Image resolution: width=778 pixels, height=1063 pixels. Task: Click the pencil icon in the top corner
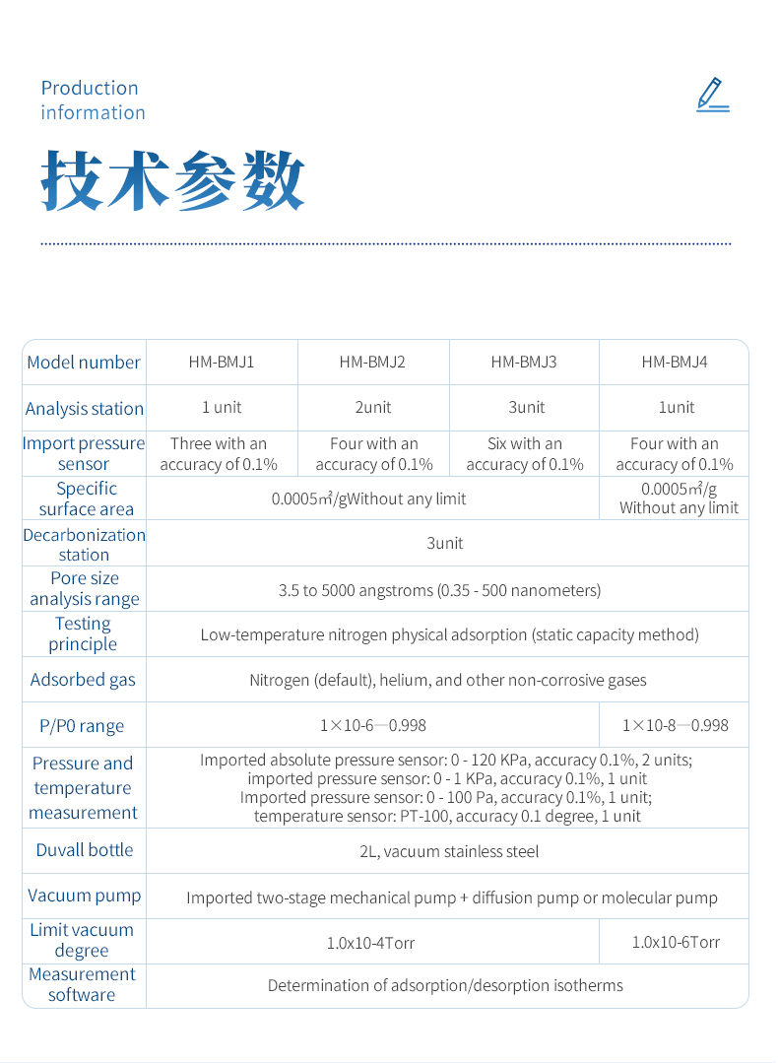coord(712,95)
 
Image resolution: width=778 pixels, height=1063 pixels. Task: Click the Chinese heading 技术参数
coord(172,181)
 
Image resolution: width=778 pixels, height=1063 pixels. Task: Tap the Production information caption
coord(93,100)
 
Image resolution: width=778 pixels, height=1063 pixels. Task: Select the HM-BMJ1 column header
coord(222,362)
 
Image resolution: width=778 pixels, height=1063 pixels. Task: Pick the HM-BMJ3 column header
coord(524,362)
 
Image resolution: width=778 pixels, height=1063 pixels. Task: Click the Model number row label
coord(84,363)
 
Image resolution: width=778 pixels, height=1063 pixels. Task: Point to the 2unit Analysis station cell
coord(372,407)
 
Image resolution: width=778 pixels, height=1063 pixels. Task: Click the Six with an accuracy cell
coord(525,454)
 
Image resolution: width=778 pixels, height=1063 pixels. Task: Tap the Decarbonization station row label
coord(84,544)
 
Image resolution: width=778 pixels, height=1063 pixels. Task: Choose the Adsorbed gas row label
coord(83,680)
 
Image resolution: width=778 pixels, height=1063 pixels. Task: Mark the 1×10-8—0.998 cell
coord(675,725)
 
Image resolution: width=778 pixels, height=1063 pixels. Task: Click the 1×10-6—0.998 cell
coord(373,725)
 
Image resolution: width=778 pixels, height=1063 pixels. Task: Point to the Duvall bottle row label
coord(85,850)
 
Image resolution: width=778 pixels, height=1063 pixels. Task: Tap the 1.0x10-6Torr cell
coord(676,942)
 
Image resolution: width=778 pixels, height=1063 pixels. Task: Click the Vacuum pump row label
coord(85,896)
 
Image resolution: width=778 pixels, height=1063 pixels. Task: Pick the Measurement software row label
coord(83,984)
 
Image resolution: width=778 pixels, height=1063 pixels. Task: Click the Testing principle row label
coord(83,633)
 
